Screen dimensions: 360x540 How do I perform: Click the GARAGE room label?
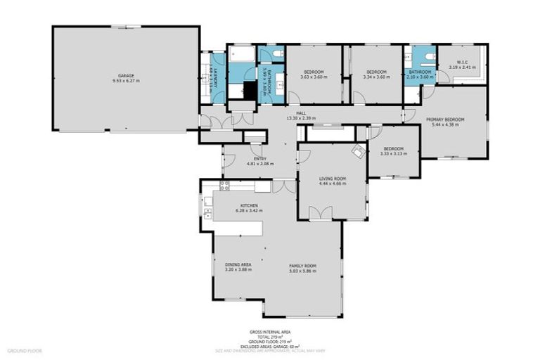(x=125, y=75)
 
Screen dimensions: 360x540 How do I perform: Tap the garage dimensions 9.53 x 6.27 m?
(x=125, y=81)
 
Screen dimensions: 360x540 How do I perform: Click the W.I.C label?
(x=462, y=63)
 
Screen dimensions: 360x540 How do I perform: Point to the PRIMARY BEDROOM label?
(x=445, y=120)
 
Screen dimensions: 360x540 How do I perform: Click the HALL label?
(x=300, y=113)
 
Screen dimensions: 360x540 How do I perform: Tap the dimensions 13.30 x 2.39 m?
(x=300, y=118)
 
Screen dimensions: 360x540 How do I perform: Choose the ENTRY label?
(x=259, y=158)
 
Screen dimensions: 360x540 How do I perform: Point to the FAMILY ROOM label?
(x=303, y=265)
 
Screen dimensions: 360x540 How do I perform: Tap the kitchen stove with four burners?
(x=226, y=186)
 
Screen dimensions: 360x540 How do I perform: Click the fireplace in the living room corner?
(x=358, y=150)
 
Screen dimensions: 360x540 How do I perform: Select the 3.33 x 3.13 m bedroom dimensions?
(x=392, y=153)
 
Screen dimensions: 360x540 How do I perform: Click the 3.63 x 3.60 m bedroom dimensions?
(x=314, y=77)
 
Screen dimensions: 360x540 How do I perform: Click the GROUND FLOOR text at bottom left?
(x=25, y=349)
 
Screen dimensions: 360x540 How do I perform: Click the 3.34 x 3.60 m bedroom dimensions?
(x=377, y=77)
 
